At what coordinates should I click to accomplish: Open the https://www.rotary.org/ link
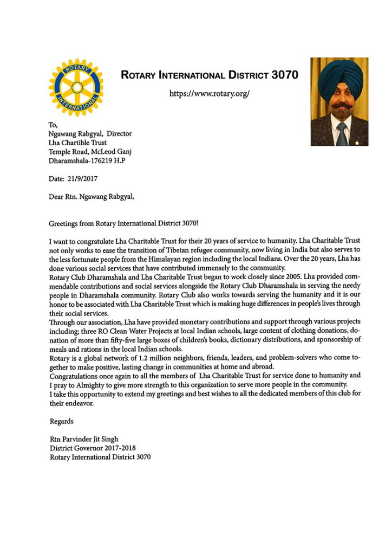point(210,93)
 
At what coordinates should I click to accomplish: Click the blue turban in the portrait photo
point(339,76)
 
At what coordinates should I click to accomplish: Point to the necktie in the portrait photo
point(342,133)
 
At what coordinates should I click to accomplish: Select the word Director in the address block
point(119,133)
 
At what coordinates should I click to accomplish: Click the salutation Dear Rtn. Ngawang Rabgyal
point(92,196)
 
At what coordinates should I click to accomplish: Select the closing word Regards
point(61,421)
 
